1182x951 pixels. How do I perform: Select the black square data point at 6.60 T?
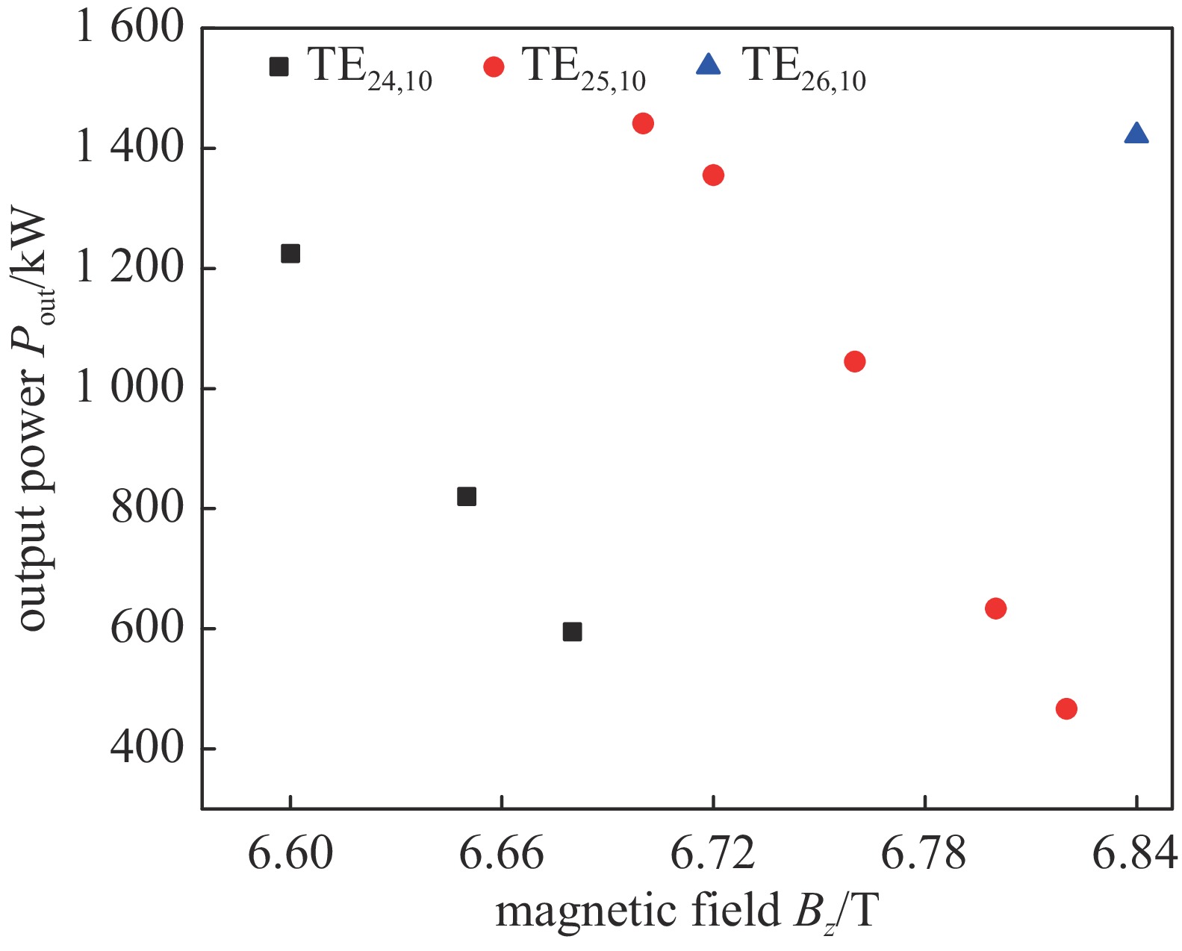click(x=290, y=254)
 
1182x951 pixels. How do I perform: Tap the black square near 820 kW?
click(x=467, y=496)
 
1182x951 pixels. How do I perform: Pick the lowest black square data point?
click(x=572, y=632)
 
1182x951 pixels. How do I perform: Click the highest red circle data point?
click(x=643, y=123)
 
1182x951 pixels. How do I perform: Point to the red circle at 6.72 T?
click(x=713, y=175)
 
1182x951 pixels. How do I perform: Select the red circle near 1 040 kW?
click(x=854, y=362)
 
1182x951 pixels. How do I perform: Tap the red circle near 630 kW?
click(x=995, y=608)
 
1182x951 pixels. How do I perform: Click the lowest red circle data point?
click(x=1066, y=708)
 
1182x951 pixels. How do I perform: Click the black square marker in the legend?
click(x=279, y=66)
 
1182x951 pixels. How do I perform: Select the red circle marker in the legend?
click(x=494, y=66)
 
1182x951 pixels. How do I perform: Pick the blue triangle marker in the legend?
click(x=708, y=66)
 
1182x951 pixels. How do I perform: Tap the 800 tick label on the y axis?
click(x=147, y=508)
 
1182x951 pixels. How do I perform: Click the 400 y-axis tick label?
click(x=147, y=748)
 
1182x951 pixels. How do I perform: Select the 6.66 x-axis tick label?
click(x=501, y=853)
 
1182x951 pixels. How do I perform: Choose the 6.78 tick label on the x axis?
click(x=924, y=853)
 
